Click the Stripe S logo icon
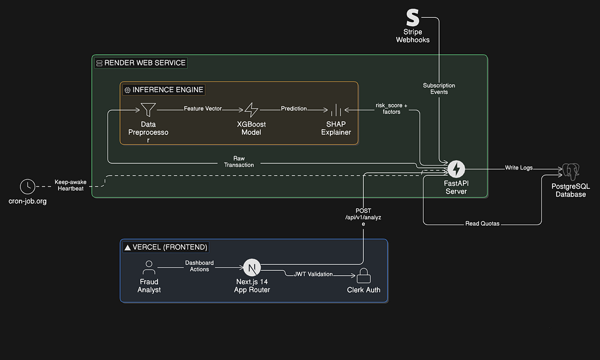click(x=412, y=18)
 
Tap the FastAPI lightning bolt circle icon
click(x=456, y=169)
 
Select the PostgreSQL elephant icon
click(x=571, y=172)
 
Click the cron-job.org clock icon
click(x=28, y=186)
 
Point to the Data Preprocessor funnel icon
click(x=148, y=110)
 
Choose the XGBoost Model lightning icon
click(x=251, y=110)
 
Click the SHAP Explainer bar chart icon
click(x=336, y=110)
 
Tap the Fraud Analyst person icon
click(x=149, y=268)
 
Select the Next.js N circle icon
click(x=252, y=268)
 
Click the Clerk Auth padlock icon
click(x=363, y=276)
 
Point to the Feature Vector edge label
click(x=203, y=109)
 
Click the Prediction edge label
click(x=294, y=109)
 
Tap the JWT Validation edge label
click(x=313, y=274)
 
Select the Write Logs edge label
click(x=519, y=168)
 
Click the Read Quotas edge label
click(x=483, y=223)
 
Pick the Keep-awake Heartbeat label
click(x=70, y=185)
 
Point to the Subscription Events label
click(x=439, y=89)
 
